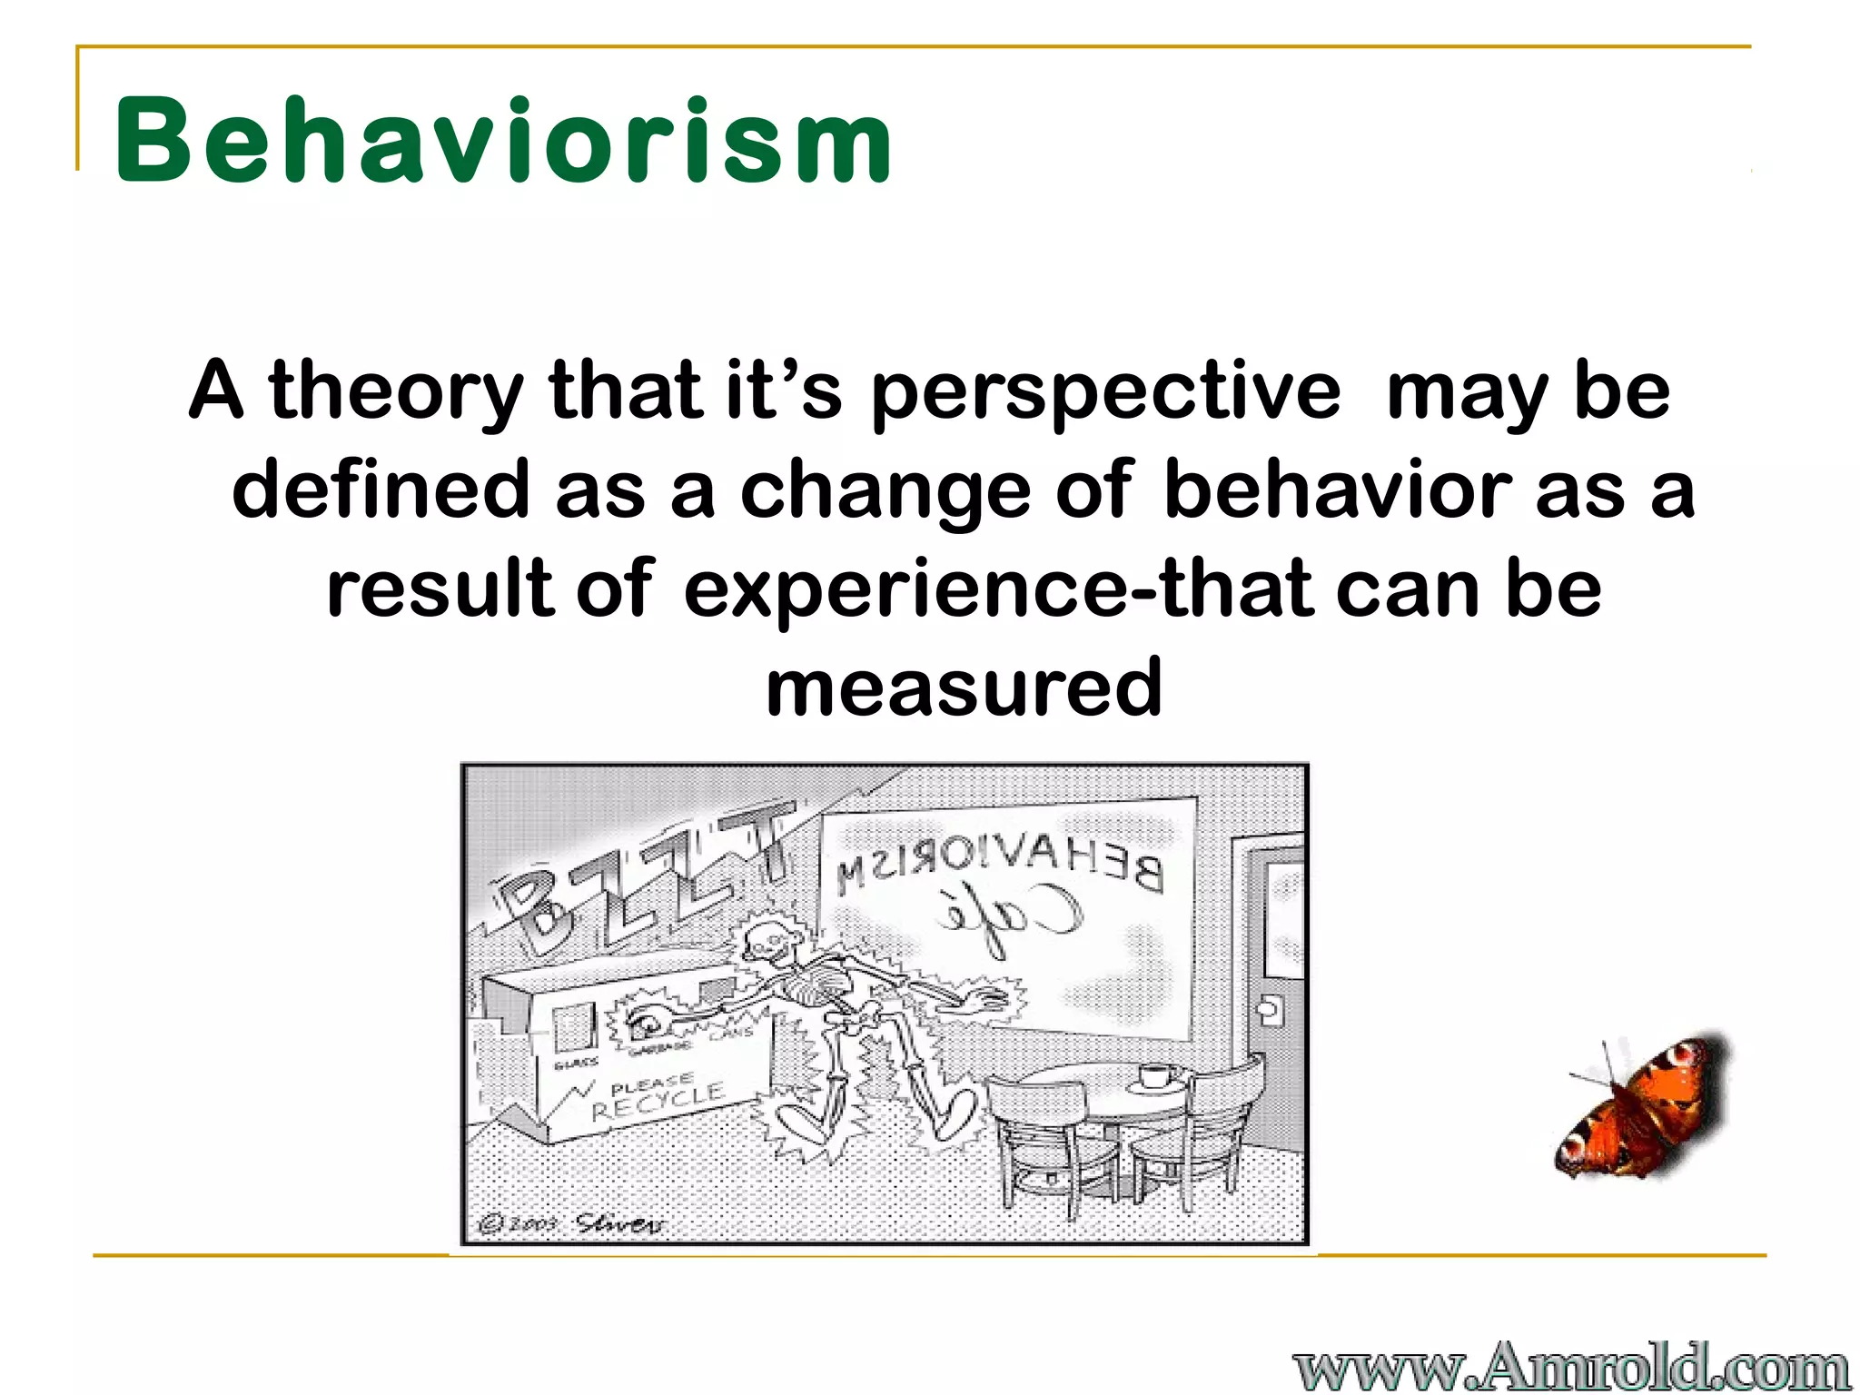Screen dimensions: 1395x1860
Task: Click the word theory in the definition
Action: [395, 392]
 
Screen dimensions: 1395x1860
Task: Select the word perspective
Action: [1104, 392]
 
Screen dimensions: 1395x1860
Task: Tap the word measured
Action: [964, 688]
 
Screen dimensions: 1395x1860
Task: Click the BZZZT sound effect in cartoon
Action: [636, 881]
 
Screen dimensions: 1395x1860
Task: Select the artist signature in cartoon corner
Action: [618, 1223]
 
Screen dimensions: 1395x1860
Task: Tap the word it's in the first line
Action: [783, 392]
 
